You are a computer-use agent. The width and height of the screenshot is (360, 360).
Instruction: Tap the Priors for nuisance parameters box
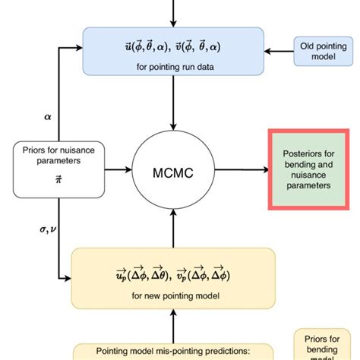pos(48,165)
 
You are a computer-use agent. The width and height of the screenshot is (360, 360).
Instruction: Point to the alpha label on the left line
pos(49,117)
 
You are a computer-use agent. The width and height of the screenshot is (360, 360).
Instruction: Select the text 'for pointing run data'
pos(174,67)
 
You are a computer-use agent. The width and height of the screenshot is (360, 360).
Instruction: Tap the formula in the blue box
pos(174,46)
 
